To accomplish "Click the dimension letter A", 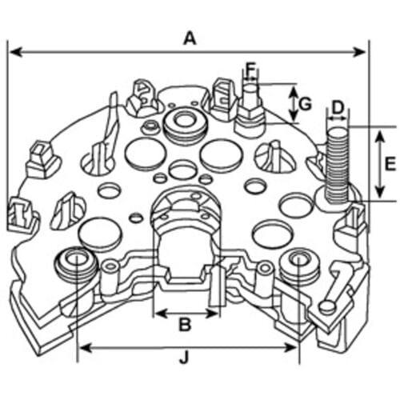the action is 190,38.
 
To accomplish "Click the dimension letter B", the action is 185,324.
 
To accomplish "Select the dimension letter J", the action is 185,358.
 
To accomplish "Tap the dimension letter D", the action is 338,107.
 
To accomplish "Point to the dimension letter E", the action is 390,164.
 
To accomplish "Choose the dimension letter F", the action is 250,70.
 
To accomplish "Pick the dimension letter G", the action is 305,104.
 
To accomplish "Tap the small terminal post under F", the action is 250,110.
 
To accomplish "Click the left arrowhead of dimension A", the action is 15,52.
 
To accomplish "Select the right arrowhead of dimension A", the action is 359,52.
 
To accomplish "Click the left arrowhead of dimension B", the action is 161,314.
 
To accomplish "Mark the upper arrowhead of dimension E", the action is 380,138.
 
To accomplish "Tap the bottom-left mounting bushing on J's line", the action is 76,264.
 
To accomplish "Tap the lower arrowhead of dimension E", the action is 380,193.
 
